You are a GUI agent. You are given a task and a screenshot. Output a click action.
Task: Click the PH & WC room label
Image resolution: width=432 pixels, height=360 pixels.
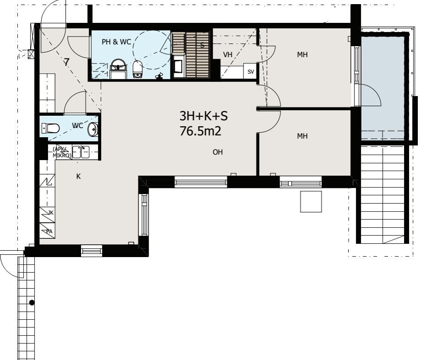point(116,42)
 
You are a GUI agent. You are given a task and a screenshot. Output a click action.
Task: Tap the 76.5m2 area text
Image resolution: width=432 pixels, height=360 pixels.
point(200,131)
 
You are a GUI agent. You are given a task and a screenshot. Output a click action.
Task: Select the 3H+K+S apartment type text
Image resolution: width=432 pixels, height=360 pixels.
point(204,116)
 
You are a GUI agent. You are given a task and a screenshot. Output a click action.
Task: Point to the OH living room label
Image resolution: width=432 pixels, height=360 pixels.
point(218,152)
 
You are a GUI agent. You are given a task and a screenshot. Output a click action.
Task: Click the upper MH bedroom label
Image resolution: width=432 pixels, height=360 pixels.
point(302,54)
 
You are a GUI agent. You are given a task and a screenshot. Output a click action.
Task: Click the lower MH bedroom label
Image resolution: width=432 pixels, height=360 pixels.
point(302,136)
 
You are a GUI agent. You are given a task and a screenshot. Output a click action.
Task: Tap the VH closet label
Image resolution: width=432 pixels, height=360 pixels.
point(227,54)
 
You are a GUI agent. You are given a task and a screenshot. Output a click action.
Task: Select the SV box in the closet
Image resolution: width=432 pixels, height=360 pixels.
point(250,71)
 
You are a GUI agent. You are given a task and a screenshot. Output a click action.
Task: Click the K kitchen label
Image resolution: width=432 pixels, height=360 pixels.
point(79,177)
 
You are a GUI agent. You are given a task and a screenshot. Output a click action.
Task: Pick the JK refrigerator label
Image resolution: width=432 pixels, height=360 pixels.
point(51,213)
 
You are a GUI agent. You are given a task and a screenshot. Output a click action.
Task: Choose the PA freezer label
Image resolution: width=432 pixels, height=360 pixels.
point(49,231)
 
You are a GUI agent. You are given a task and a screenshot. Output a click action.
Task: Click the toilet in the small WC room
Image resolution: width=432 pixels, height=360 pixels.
point(50,129)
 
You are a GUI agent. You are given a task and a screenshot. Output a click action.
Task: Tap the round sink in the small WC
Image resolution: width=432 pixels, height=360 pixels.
point(93,129)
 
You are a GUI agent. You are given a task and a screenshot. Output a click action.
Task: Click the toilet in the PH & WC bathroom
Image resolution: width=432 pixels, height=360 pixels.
point(137,69)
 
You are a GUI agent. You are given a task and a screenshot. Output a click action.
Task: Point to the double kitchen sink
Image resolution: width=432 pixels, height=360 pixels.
point(81,152)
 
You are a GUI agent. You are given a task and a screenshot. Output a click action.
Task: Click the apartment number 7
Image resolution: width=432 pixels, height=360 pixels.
point(67,63)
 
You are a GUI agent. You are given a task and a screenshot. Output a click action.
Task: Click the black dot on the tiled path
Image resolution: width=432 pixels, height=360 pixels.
point(32,303)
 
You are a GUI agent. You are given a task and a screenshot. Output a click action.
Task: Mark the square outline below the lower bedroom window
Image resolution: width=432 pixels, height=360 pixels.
point(311,202)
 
